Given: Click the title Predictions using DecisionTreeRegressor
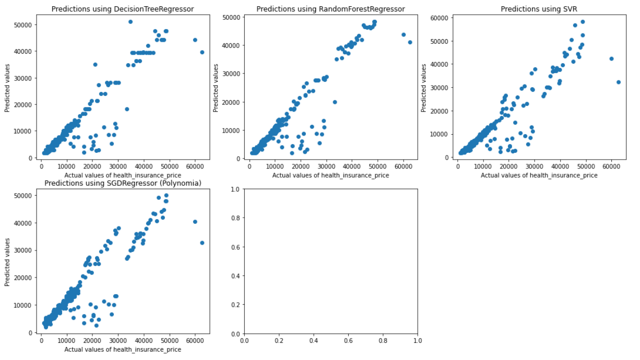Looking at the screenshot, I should [123, 8].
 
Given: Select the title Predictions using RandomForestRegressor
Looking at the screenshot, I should [330, 8].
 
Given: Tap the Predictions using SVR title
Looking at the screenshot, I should [538, 8].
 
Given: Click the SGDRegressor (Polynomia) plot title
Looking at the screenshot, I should [123, 183].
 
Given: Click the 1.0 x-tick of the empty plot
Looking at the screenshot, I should [418, 341].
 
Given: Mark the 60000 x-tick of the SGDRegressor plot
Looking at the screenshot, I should [195, 341].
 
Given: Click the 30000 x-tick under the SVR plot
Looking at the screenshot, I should [535, 166].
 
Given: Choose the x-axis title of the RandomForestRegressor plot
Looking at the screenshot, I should [330, 175].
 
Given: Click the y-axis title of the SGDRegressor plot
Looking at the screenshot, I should [7, 262].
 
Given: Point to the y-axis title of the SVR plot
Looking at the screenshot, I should [424, 87].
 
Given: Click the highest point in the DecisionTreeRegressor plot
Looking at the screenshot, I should [131, 21].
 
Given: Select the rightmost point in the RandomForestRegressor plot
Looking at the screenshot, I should [410, 42].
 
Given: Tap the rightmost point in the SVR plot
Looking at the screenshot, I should [619, 82].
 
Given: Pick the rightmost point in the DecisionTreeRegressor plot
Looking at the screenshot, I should [202, 52].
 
